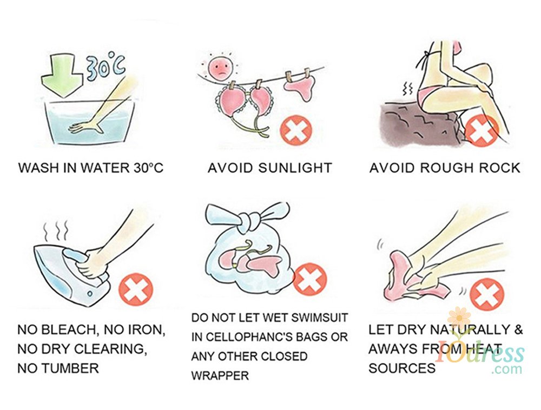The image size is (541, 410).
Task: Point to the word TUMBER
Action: click(70, 368)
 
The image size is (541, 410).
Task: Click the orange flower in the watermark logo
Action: click(459, 318)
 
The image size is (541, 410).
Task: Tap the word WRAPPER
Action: click(220, 375)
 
